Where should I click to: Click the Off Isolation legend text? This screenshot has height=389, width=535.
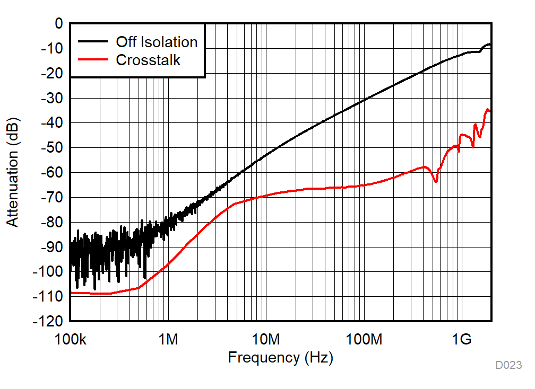(x=157, y=42)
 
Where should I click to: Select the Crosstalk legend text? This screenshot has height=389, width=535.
(x=148, y=60)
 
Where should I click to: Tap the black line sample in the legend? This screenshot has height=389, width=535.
(x=93, y=42)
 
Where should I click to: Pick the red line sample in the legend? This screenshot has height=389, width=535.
(x=93, y=60)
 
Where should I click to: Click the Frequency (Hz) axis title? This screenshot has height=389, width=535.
(x=280, y=358)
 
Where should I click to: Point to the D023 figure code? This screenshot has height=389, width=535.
(x=508, y=365)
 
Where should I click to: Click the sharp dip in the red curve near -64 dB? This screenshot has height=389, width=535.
(x=436, y=181)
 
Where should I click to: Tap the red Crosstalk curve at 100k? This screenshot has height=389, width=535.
(x=71, y=293)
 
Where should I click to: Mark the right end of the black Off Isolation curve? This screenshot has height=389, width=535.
(x=490, y=45)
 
